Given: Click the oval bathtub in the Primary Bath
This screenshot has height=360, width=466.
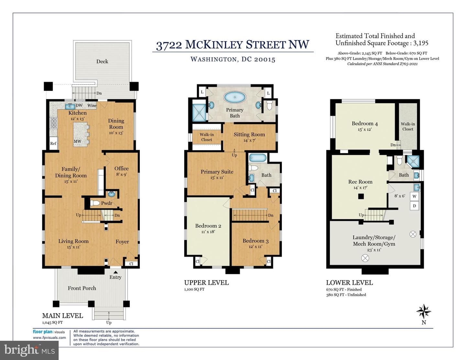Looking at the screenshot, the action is click(x=235, y=97).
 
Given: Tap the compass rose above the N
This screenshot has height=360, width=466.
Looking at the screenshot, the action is click(x=424, y=311).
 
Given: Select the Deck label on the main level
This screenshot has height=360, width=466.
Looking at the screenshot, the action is click(x=102, y=61).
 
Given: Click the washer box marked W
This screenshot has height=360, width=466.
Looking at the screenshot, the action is click(x=414, y=196).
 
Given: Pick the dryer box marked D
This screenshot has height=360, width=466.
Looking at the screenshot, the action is click(x=414, y=206).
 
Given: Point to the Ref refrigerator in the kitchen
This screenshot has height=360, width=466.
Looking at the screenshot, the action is click(x=53, y=143).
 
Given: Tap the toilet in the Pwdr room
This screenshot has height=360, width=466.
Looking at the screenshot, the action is click(x=95, y=203).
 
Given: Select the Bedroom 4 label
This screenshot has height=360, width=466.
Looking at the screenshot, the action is click(x=365, y=124).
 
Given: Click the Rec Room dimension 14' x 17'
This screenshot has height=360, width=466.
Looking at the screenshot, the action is click(x=360, y=188).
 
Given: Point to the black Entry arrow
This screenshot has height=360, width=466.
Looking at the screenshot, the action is click(x=116, y=272).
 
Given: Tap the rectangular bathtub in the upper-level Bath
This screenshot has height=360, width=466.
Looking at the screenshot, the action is click(x=258, y=158).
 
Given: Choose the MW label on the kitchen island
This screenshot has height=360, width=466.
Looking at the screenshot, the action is click(x=77, y=141).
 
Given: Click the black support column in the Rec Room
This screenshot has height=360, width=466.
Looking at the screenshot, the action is click(x=361, y=196).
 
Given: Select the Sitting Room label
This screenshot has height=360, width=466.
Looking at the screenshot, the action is click(x=249, y=135).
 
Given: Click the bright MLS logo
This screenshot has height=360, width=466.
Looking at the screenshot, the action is click(x=29, y=351).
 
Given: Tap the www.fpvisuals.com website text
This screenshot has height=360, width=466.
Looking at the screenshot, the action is click(x=49, y=338).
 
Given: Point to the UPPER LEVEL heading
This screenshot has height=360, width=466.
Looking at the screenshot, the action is click(x=206, y=283).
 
